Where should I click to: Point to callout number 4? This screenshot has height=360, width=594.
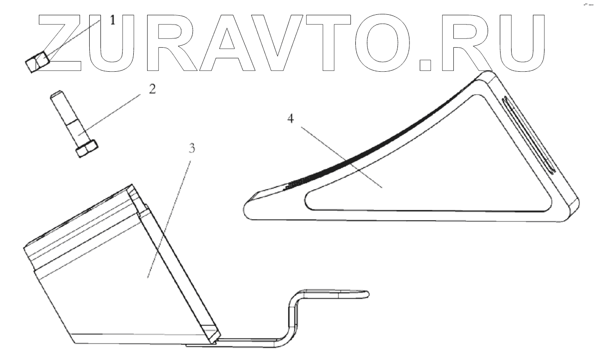(x=290, y=119)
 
